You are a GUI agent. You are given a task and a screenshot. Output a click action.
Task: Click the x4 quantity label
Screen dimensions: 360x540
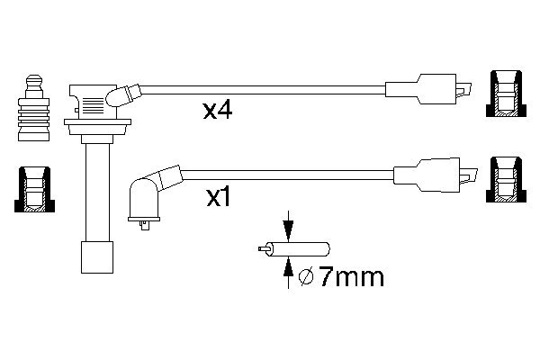click(x=219, y=112)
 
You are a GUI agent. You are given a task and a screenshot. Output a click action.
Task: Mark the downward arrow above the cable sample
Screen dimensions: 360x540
click(x=287, y=224)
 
